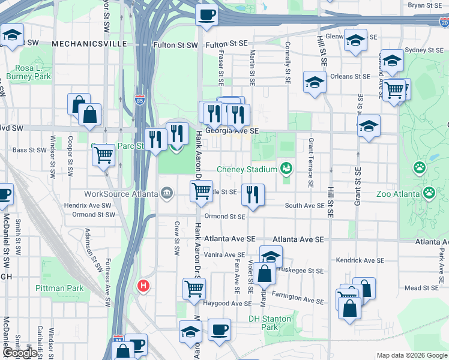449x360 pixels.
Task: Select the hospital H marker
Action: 143,286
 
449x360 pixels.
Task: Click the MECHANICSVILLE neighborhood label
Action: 89,44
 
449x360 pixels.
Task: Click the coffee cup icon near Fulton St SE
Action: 207,14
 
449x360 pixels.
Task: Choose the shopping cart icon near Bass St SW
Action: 104,155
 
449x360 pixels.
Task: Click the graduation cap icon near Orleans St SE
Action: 315,82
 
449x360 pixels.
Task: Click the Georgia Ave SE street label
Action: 231,130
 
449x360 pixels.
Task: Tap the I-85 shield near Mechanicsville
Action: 139,99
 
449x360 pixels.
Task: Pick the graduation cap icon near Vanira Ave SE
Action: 271,256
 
